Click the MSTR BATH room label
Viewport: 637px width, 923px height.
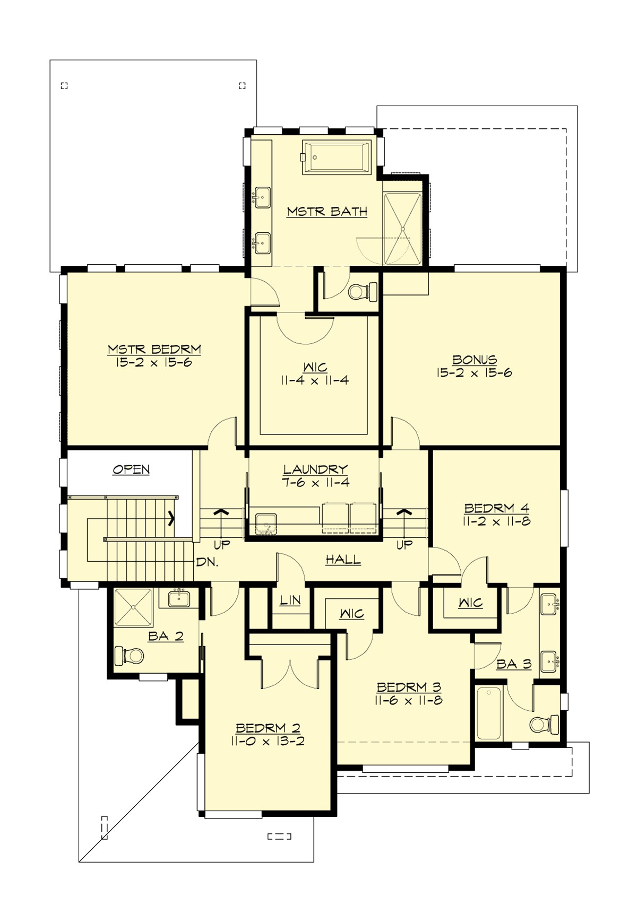pos(327,212)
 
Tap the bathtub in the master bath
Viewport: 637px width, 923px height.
pos(337,157)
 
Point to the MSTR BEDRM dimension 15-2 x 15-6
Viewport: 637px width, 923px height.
pos(154,363)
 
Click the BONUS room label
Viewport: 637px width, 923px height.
pos(475,360)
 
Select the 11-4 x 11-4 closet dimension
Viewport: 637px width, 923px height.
pos(315,380)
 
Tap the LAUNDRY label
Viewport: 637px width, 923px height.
pos(315,469)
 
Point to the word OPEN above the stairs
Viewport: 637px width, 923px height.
pos(131,469)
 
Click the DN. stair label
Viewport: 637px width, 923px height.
pos(207,562)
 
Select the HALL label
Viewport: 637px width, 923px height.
pos(343,559)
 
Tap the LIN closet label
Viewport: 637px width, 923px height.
pos(290,600)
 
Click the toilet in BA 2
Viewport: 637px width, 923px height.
pos(130,656)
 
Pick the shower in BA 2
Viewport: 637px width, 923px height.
pos(133,608)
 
